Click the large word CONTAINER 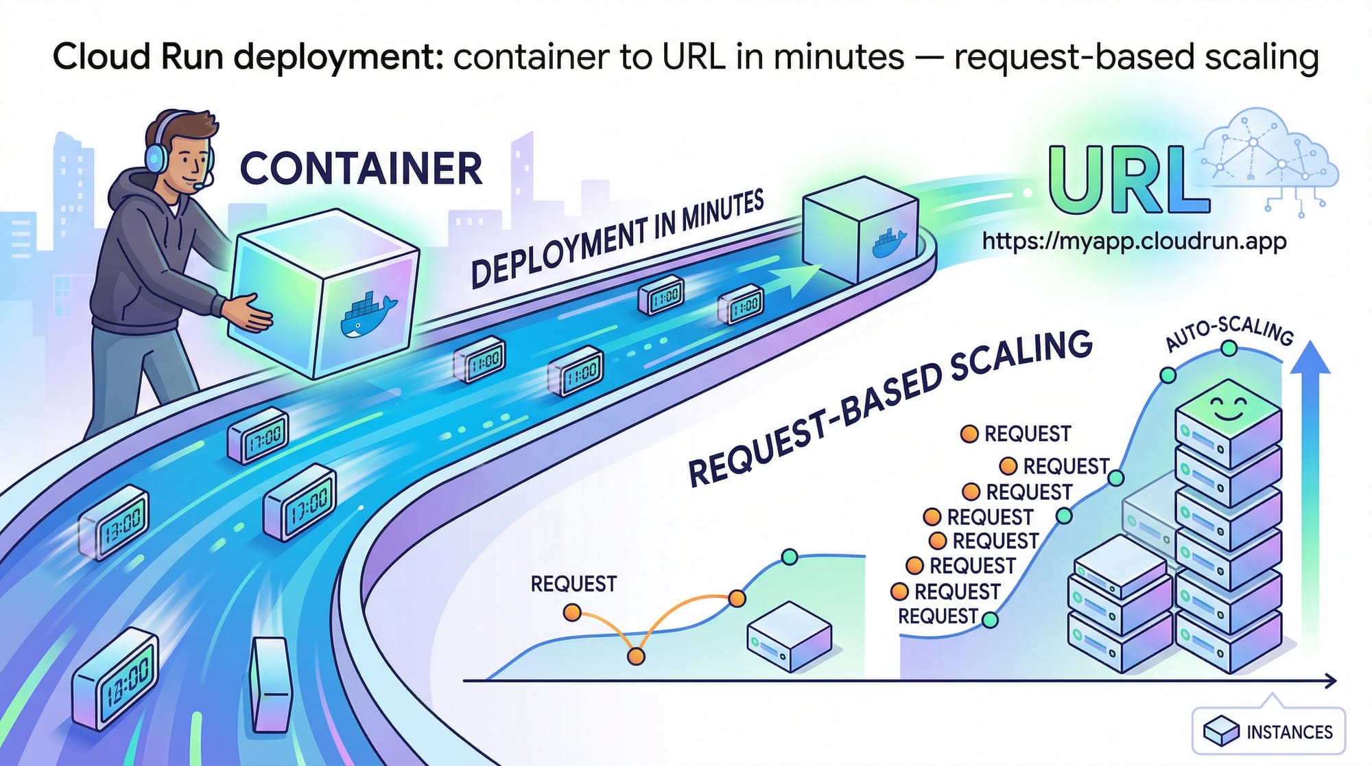[x=361, y=169]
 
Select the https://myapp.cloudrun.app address [x=1134, y=241]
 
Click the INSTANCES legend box [x=1268, y=731]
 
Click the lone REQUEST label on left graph [x=573, y=584]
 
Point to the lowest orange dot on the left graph [x=636, y=656]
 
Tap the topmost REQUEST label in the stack [x=1027, y=434]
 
